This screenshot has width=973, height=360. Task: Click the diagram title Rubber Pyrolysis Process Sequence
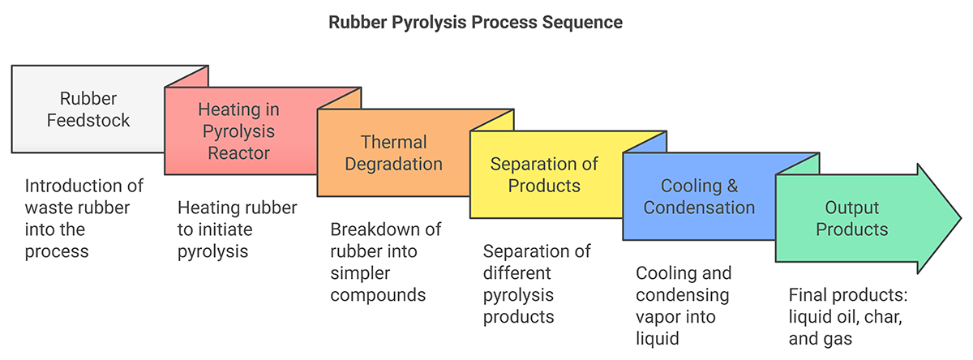point(475,22)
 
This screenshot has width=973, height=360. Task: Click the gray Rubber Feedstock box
point(88,109)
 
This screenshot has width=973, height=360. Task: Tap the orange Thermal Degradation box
point(393,153)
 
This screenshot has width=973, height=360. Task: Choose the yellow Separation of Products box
point(546,174)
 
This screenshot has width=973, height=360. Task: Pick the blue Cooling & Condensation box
point(699,196)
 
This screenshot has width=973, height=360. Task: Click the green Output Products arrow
point(864,218)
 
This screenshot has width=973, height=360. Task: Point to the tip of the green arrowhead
point(961,218)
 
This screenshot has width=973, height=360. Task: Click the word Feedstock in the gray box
point(88,120)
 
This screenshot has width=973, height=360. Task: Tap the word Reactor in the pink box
point(238,153)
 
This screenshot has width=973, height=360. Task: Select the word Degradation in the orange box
point(393,164)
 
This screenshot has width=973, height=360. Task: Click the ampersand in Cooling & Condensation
point(732,186)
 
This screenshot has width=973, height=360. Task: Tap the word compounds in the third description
point(378,295)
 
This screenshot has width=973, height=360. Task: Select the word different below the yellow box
point(517,273)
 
